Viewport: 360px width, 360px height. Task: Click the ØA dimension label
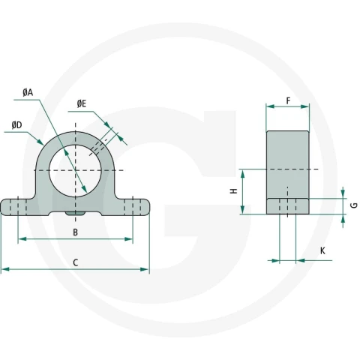click(x=28, y=93)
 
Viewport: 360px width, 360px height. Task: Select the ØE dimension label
click(x=82, y=103)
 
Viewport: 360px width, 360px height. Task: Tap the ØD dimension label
click(x=17, y=125)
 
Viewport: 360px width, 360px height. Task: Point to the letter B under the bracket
click(x=75, y=232)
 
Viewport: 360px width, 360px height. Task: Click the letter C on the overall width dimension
click(x=75, y=262)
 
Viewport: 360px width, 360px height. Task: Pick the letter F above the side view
click(x=288, y=101)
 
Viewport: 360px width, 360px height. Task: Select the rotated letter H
click(x=234, y=191)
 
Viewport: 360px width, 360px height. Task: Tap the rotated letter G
click(x=355, y=205)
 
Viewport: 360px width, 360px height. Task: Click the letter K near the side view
click(x=322, y=250)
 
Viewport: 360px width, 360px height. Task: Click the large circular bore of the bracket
click(x=75, y=170)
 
